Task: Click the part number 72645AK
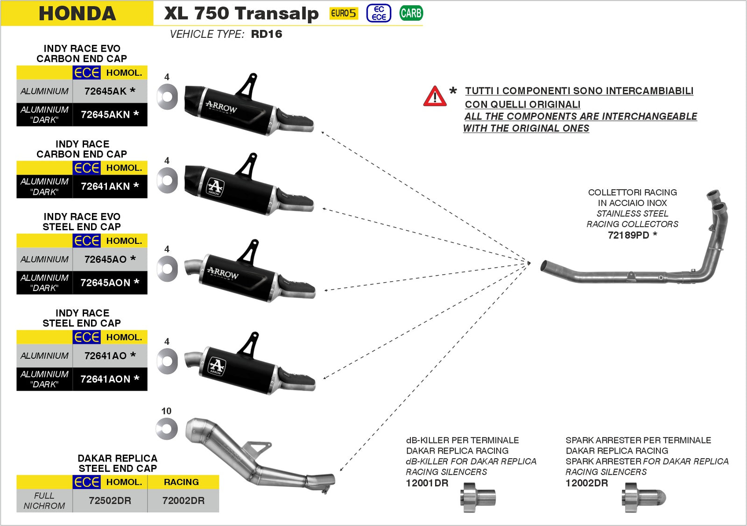[106, 91]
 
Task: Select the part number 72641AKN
[106, 186]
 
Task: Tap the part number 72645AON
[106, 283]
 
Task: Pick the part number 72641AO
[106, 355]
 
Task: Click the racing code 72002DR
[183, 501]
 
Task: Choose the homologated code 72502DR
[110, 501]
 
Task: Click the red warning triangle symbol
[435, 96]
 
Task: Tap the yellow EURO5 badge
[343, 14]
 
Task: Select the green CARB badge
[411, 14]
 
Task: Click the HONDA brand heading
[77, 14]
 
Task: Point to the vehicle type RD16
[267, 34]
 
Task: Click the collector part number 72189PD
[628, 235]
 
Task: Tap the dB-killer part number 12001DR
[427, 483]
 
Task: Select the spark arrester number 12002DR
[587, 483]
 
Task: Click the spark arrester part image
[645, 498]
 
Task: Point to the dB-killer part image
[478, 498]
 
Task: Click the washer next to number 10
[167, 429]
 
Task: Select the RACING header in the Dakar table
[181, 482]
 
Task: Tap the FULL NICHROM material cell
[44, 501]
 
